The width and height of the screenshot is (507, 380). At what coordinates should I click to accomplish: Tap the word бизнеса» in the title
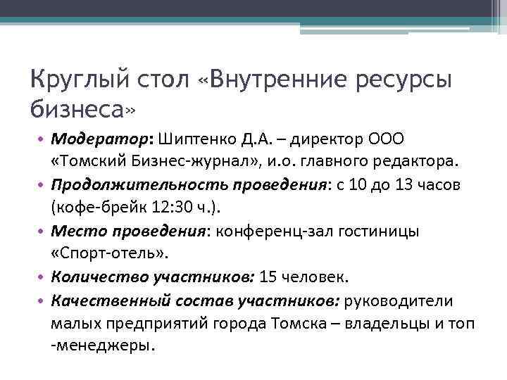[82, 108]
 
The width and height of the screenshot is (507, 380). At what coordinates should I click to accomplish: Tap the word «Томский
[90, 163]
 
